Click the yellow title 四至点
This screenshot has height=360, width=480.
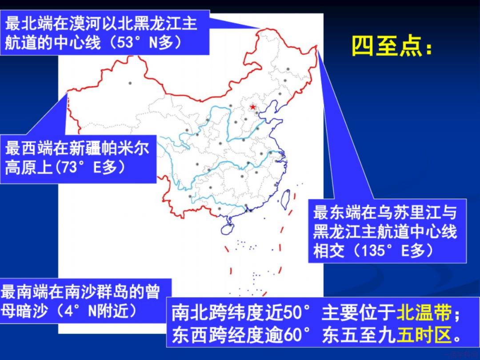[392, 46]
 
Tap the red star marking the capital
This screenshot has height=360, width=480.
[253, 107]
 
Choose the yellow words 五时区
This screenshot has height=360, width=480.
[424, 335]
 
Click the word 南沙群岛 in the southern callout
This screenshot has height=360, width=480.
[96, 292]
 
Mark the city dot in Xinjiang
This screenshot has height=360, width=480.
[130, 83]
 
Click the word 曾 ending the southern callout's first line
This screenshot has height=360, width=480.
[152, 292]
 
